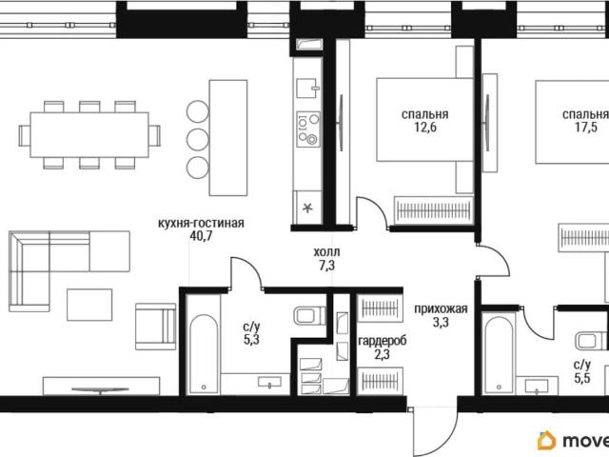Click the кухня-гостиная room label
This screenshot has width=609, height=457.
tap(201, 224)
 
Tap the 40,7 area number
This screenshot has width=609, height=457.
tap(201, 236)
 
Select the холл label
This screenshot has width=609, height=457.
tap(326, 251)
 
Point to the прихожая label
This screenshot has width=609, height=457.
tap(441, 309)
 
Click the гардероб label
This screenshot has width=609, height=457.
tap(383, 341)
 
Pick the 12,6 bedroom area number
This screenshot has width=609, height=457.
tap(425, 128)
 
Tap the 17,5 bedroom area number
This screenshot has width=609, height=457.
tap(586, 128)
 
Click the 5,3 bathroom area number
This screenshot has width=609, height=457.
tap(251, 340)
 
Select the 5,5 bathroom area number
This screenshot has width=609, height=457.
tap(581, 378)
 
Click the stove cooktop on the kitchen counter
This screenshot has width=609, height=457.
tap(308, 129)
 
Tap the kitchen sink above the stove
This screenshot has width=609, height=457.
tap(308, 89)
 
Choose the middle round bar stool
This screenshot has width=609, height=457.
tap(198, 140)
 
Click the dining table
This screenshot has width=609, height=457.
tap(89, 135)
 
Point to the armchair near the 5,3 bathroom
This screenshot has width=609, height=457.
tap(155, 327)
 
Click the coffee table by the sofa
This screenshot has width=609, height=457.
tap(89, 305)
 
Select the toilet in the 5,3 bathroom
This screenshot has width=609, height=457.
tap(310, 316)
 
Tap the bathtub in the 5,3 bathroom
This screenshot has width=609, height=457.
tap(204, 354)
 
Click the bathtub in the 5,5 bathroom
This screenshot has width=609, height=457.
tap(499, 354)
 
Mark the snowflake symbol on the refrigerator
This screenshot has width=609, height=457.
tap(307, 208)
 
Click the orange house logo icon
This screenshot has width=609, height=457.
tap(547, 440)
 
